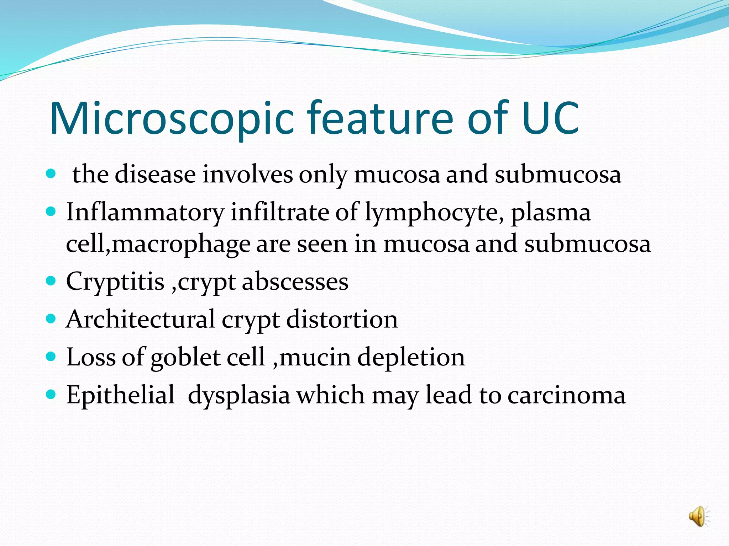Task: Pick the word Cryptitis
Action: pyautogui.click(x=115, y=282)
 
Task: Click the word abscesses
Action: pyautogui.click(x=295, y=282)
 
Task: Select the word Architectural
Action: pyautogui.click(x=141, y=319)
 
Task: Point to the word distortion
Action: pyautogui.click(x=342, y=319)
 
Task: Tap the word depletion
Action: pyautogui.click(x=411, y=358)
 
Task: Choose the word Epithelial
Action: pyautogui.click(x=121, y=395)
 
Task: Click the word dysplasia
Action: pyautogui.click(x=239, y=396)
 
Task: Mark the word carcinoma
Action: pyautogui.click(x=566, y=396)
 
